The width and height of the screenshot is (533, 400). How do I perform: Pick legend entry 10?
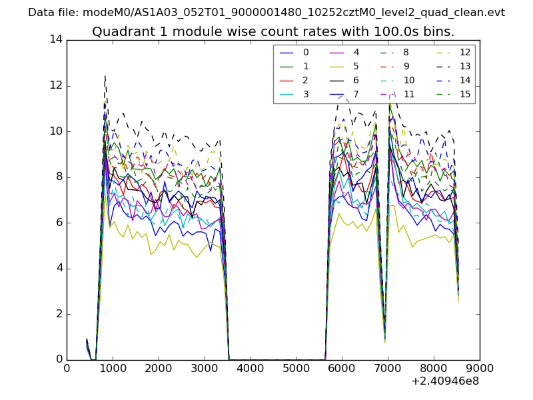[x=409, y=80]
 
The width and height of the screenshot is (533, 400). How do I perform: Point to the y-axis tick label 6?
[x=58, y=223]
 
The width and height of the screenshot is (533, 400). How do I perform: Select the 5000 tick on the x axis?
[x=296, y=367]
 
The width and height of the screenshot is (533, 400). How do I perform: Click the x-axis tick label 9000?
[x=479, y=367]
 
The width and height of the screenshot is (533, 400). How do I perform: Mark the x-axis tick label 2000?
[x=159, y=367]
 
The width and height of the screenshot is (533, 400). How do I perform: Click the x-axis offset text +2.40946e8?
[x=445, y=381]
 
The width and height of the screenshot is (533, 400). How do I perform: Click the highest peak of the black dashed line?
[x=105, y=76]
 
